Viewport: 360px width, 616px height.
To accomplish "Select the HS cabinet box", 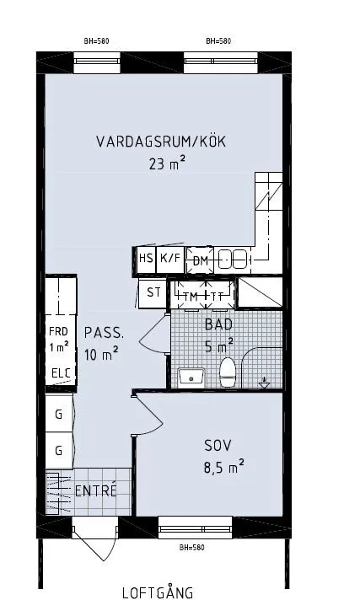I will tap(146, 260).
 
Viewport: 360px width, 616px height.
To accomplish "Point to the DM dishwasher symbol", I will tap(200, 260).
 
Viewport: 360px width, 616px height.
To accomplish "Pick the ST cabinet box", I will tap(153, 293).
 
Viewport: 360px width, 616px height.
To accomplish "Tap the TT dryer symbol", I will tap(218, 296).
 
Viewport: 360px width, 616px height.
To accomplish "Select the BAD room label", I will tap(218, 323).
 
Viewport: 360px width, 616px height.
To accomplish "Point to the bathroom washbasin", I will tap(191, 376).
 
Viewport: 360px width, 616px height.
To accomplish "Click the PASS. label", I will tap(104, 332).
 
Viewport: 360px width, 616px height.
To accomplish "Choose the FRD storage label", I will tap(58, 331).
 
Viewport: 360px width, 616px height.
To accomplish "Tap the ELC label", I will tap(61, 373).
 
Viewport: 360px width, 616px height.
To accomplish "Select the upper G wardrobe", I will tap(59, 415).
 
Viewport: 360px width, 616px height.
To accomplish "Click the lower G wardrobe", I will tap(59, 450).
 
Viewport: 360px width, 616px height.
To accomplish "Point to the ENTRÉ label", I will tap(96, 491).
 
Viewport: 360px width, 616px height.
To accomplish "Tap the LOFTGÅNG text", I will tap(158, 593).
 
